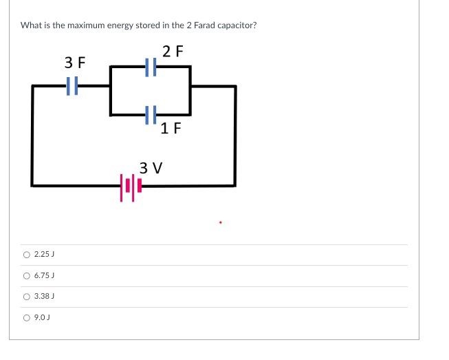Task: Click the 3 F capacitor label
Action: [75, 63]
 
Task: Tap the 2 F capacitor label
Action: [173, 50]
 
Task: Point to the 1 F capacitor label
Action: [170, 127]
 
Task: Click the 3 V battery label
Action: [151, 167]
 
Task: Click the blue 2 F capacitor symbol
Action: [152, 67]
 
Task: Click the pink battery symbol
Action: [131, 186]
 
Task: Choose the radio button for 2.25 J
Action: [27, 255]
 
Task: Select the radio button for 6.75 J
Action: [27, 276]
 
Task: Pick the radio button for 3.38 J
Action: [27, 297]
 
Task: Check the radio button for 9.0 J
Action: [27, 318]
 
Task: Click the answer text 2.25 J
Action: [44, 255]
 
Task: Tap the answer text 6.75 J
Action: [44, 276]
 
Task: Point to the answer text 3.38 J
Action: [44, 297]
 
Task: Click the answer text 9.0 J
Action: [43, 318]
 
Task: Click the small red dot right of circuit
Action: [220, 222]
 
